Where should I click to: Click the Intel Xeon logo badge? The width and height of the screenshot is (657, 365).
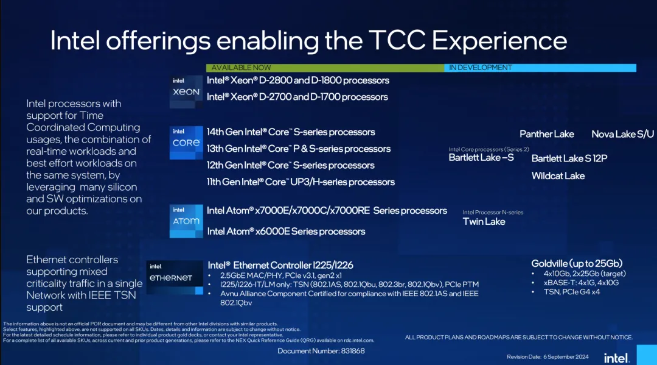coord(186,91)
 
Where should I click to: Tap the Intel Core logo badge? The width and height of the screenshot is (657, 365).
coord(186,143)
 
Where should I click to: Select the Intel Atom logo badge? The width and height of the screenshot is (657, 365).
coord(186,221)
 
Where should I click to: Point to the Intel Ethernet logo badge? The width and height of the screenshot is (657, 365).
coord(175,277)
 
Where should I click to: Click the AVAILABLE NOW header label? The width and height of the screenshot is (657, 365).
coord(241,68)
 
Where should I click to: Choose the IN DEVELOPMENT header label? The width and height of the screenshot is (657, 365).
coord(480,68)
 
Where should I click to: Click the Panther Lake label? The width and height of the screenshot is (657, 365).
coord(547,134)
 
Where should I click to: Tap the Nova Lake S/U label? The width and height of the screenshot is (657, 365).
coord(622,134)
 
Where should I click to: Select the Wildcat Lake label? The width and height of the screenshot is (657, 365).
coord(558,176)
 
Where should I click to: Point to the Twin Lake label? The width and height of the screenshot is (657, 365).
coord(484,222)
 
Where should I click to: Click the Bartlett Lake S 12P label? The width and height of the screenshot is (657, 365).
coord(569,158)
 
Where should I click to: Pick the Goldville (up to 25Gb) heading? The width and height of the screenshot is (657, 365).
coord(577,263)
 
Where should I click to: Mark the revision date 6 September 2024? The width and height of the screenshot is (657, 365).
coord(566,357)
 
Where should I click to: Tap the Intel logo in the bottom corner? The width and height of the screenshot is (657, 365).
coord(616,358)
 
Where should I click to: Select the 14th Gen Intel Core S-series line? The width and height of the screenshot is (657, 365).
coord(291,132)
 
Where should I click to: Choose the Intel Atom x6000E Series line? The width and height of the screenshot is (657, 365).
coord(286,232)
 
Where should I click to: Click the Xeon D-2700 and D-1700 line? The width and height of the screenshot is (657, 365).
coord(297,97)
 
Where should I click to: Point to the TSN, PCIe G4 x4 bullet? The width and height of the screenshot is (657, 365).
coord(571,292)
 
